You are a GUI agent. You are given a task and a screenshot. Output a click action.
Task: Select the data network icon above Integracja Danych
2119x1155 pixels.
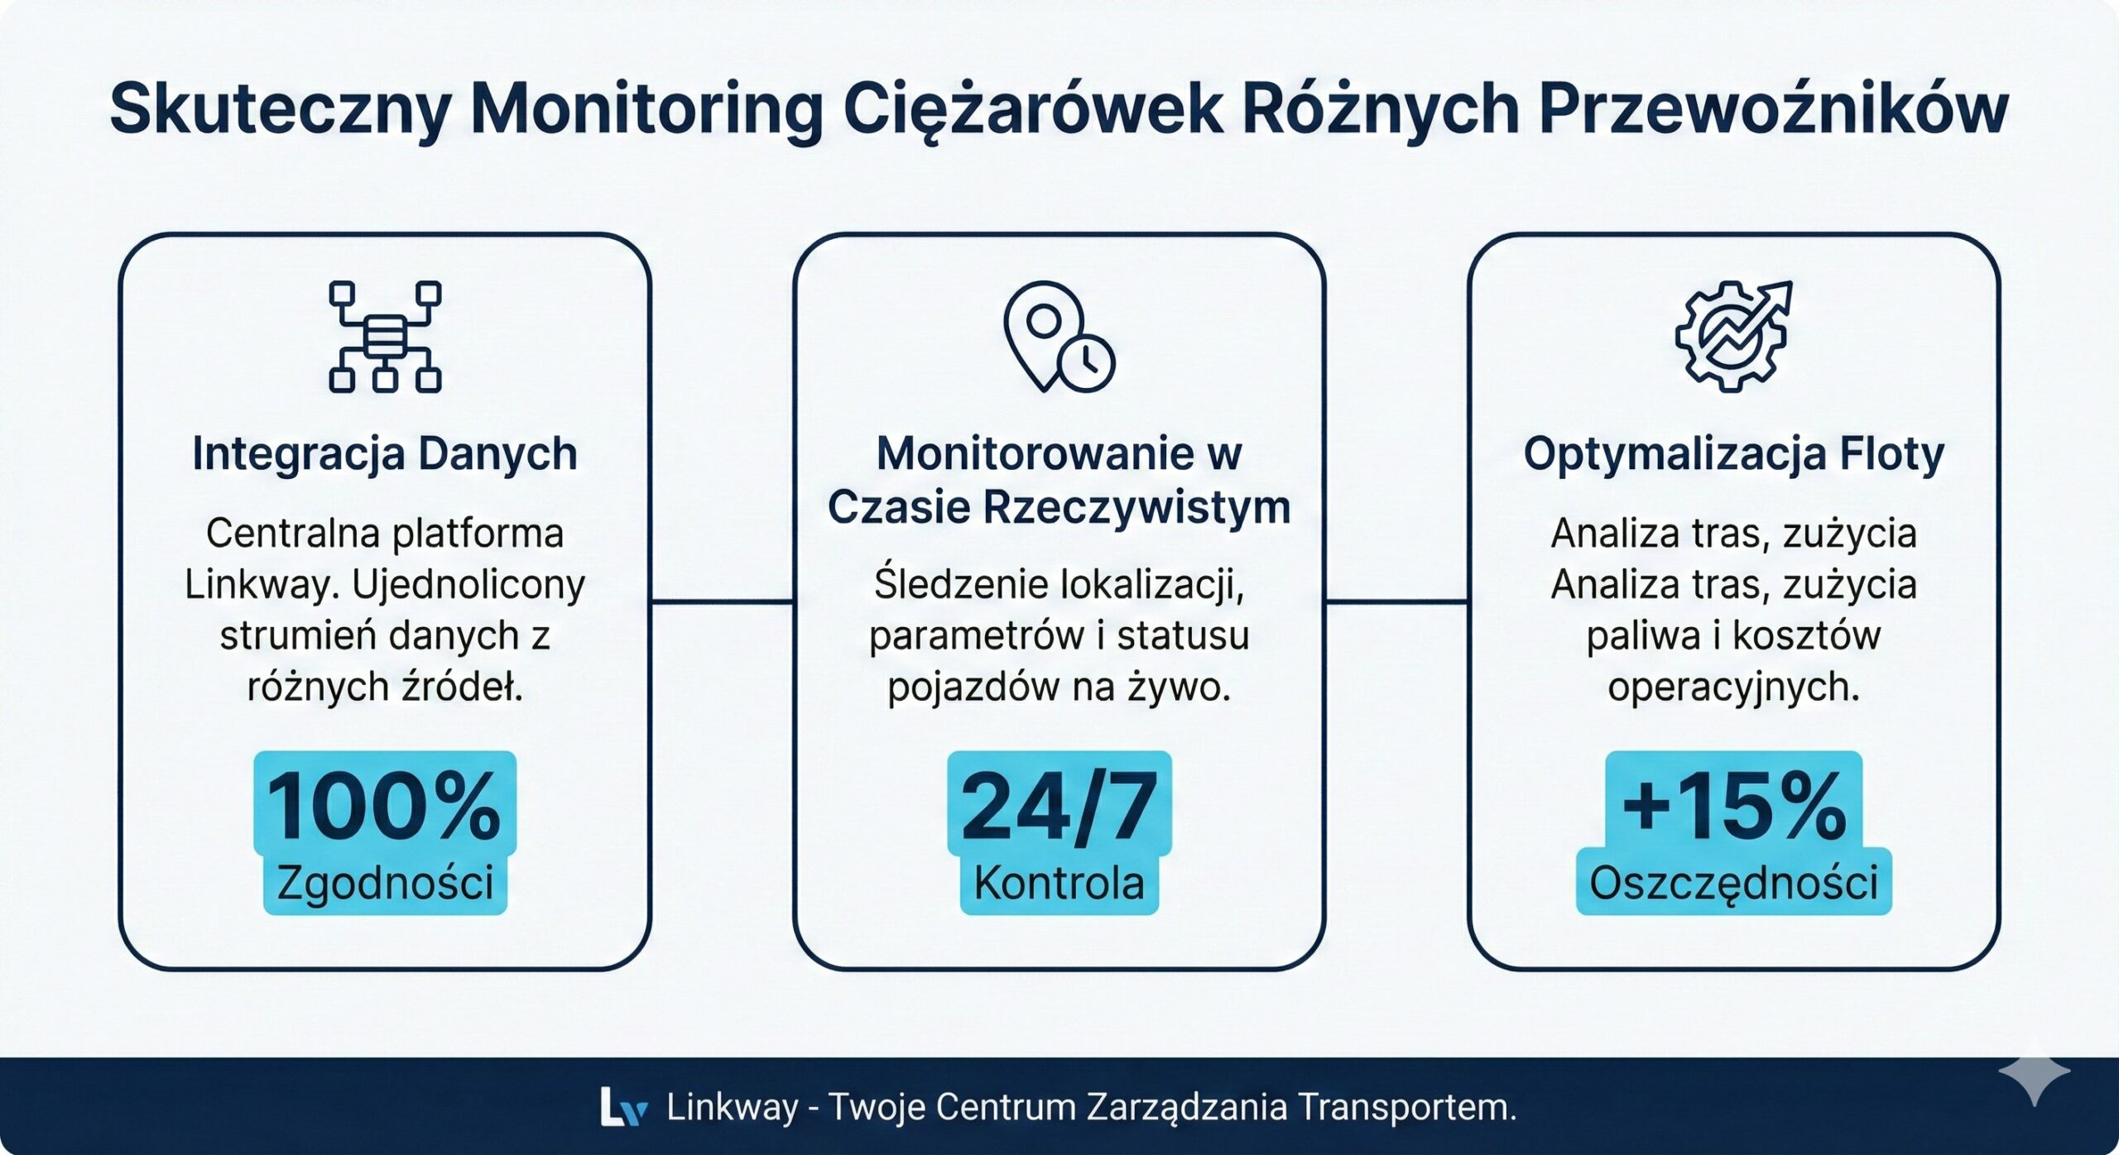coord(385,336)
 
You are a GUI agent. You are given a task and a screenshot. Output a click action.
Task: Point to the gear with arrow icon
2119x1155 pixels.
coord(1732,336)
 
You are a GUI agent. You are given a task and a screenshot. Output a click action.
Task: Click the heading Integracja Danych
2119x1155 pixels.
coord(385,453)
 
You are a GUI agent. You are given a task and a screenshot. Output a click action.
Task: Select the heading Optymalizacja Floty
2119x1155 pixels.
coord(1733,454)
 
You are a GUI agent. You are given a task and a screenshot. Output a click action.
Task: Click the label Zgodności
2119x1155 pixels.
coord(385,883)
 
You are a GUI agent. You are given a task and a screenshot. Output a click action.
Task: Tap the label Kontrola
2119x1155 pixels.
coord(1059,883)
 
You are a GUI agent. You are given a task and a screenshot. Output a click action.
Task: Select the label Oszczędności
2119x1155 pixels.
coord(1733,883)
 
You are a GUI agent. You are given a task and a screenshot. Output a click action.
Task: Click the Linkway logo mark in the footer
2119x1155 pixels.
coord(622,1107)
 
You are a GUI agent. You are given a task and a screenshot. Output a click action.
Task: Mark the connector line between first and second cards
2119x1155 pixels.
coord(722,601)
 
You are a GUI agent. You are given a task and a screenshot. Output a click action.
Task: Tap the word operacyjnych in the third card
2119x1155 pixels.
coord(1733,687)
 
